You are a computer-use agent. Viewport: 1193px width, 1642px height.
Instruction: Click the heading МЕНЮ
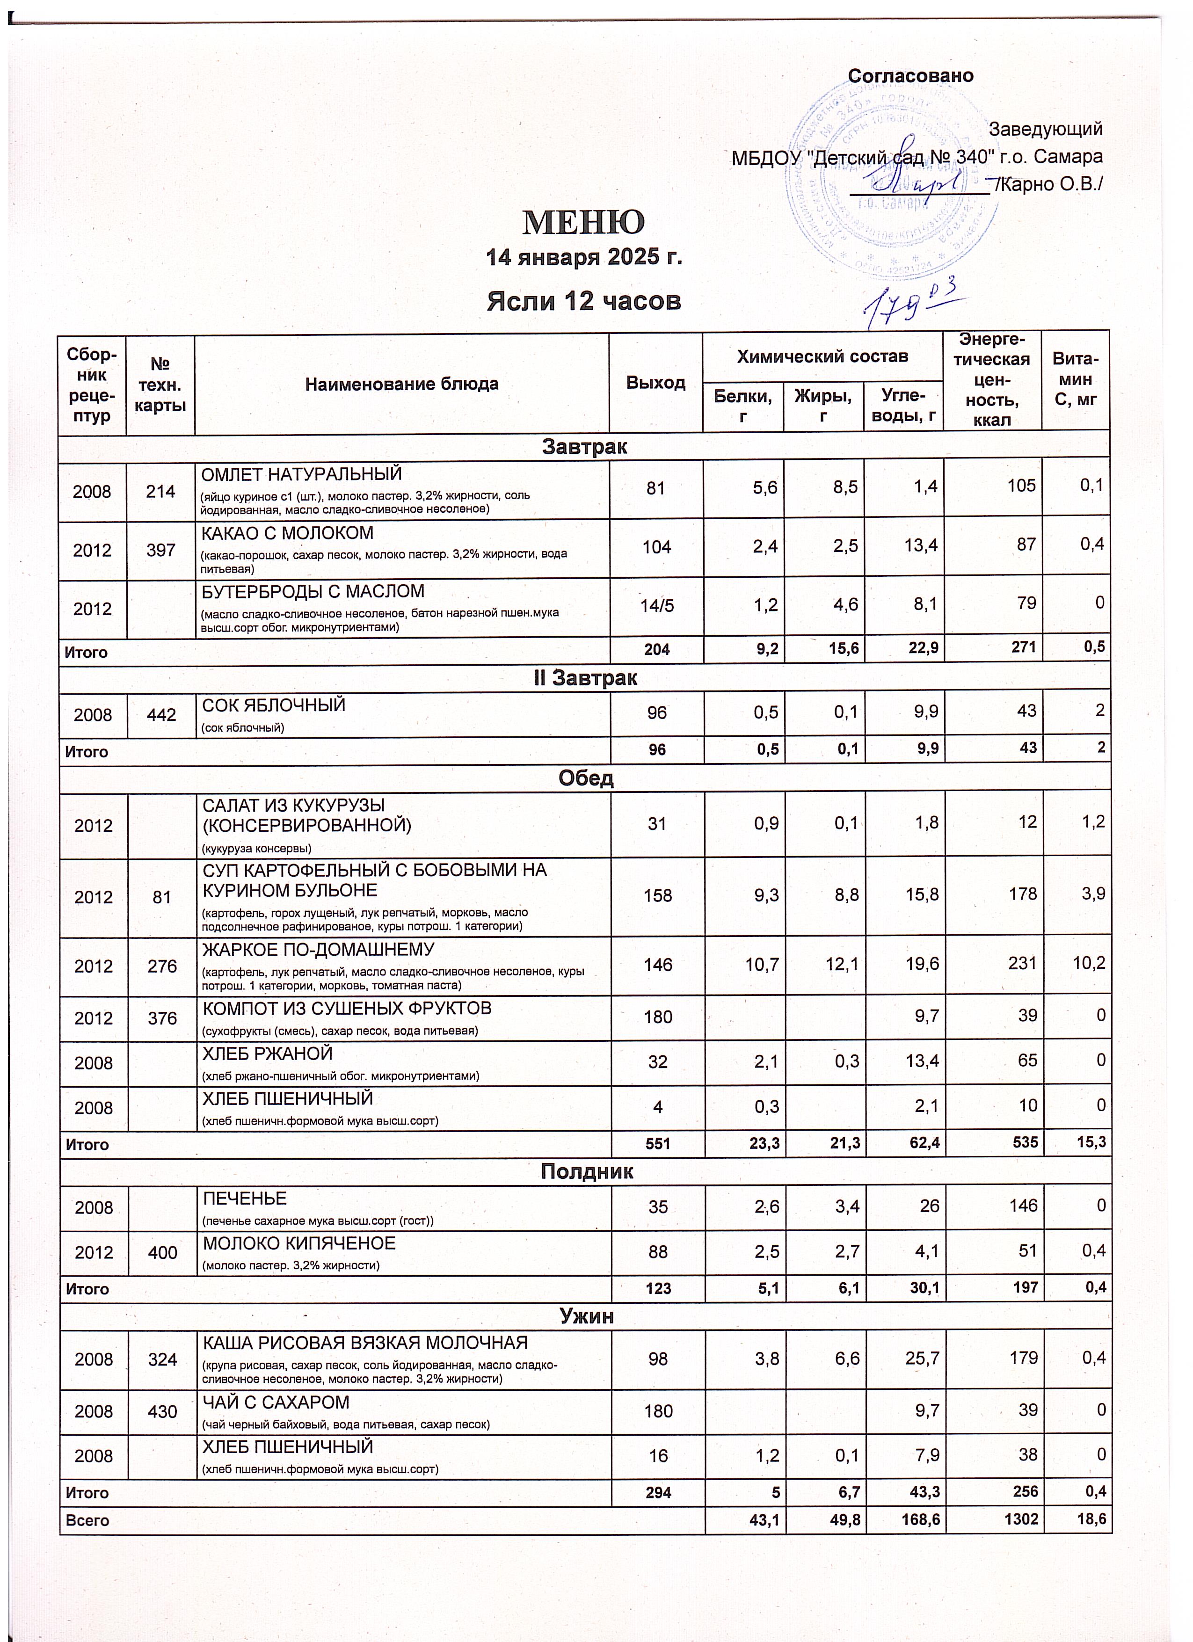pyautogui.click(x=583, y=223)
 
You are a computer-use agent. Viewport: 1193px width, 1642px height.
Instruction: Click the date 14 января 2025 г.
pyautogui.click(x=583, y=257)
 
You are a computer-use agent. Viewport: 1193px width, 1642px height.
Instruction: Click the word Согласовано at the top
pyautogui.click(x=911, y=76)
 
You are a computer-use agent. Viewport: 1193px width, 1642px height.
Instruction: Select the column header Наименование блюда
pyautogui.click(x=402, y=383)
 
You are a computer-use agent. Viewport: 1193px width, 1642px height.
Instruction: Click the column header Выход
pyautogui.click(x=656, y=382)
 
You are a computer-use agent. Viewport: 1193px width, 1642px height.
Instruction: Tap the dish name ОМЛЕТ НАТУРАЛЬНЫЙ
pyautogui.click(x=300, y=475)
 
